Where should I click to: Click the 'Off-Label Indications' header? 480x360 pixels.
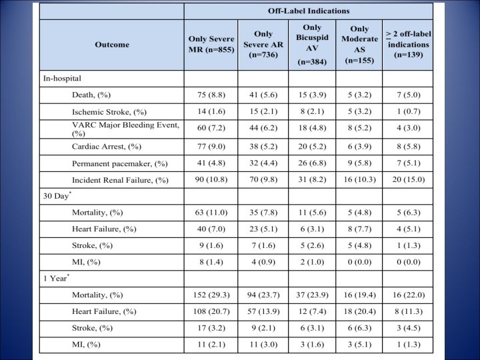[309, 11]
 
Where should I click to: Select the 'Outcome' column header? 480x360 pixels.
[112, 45]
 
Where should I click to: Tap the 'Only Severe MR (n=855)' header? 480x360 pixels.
[211, 44]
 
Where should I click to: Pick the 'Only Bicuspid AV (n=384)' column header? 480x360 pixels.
[312, 45]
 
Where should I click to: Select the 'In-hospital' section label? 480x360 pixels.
[62, 79]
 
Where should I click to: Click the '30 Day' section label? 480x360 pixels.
[57, 195]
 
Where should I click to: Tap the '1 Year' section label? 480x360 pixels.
[56, 278]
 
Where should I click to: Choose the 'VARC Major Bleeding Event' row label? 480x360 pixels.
[126, 129]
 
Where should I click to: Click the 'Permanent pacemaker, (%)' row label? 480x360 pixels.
[120, 164]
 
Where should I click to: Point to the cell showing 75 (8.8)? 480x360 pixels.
[211, 95]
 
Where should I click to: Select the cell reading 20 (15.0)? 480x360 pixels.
[409, 179]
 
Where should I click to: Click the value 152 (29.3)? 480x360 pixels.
[211, 295]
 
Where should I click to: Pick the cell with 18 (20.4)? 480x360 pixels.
[359, 311]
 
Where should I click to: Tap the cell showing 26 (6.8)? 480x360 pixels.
[312, 163]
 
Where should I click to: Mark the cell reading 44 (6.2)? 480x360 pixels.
[263, 128]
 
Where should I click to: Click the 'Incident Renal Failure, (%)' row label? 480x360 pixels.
[120, 180]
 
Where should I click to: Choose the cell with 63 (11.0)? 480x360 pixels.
[211, 213]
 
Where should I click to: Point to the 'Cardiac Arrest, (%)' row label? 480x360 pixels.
[107, 147]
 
